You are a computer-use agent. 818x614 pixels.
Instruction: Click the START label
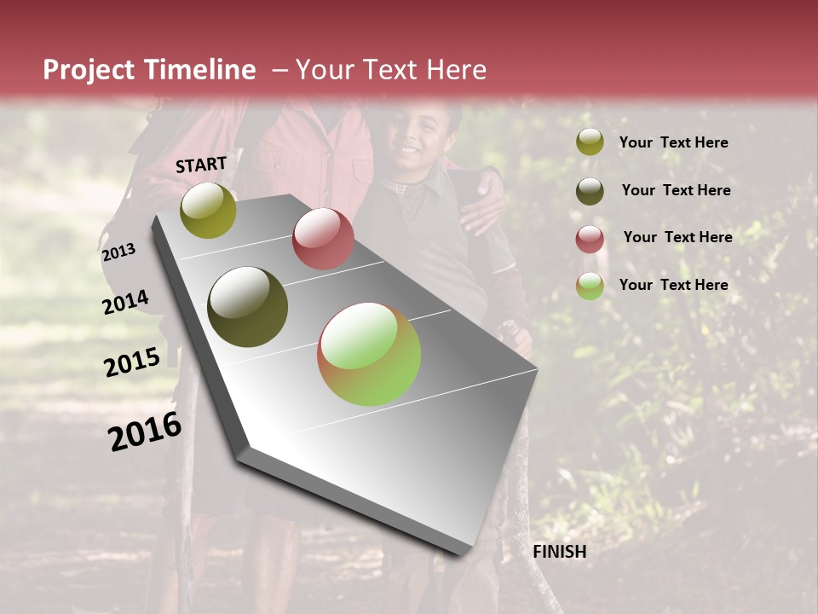[x=201, y=165]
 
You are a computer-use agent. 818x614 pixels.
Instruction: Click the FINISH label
[x=559, y=552]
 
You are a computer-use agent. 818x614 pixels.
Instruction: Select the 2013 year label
[x=118, y=252]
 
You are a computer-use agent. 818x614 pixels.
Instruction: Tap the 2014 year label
[x=125, y=302]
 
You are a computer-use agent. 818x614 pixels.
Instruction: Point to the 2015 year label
[x=131, y=362]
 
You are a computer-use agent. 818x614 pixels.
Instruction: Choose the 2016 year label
[x=145, y=431]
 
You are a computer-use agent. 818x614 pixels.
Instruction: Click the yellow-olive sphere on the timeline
[x=208, y=210]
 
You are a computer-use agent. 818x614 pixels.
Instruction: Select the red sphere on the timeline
[x=323, y=239]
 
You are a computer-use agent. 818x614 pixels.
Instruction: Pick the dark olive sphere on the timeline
[x=248, y=307]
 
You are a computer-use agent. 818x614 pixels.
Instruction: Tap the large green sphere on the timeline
[x=369, y=355]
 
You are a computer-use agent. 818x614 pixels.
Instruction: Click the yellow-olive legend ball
[x=589, y=142]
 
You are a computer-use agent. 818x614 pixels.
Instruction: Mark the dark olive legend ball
[x=589, y=190]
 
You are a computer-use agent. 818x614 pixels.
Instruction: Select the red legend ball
[x=589, y=239]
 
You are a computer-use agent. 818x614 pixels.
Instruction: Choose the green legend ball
[x=589, y=286]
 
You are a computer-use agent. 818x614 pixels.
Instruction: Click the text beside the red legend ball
[x=677, y=237]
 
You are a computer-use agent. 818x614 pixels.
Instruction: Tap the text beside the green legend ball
[x=673, y=285]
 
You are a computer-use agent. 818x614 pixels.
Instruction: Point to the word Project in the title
[x=89, y=70]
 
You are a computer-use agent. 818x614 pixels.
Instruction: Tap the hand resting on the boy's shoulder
[x=481, y=197]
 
